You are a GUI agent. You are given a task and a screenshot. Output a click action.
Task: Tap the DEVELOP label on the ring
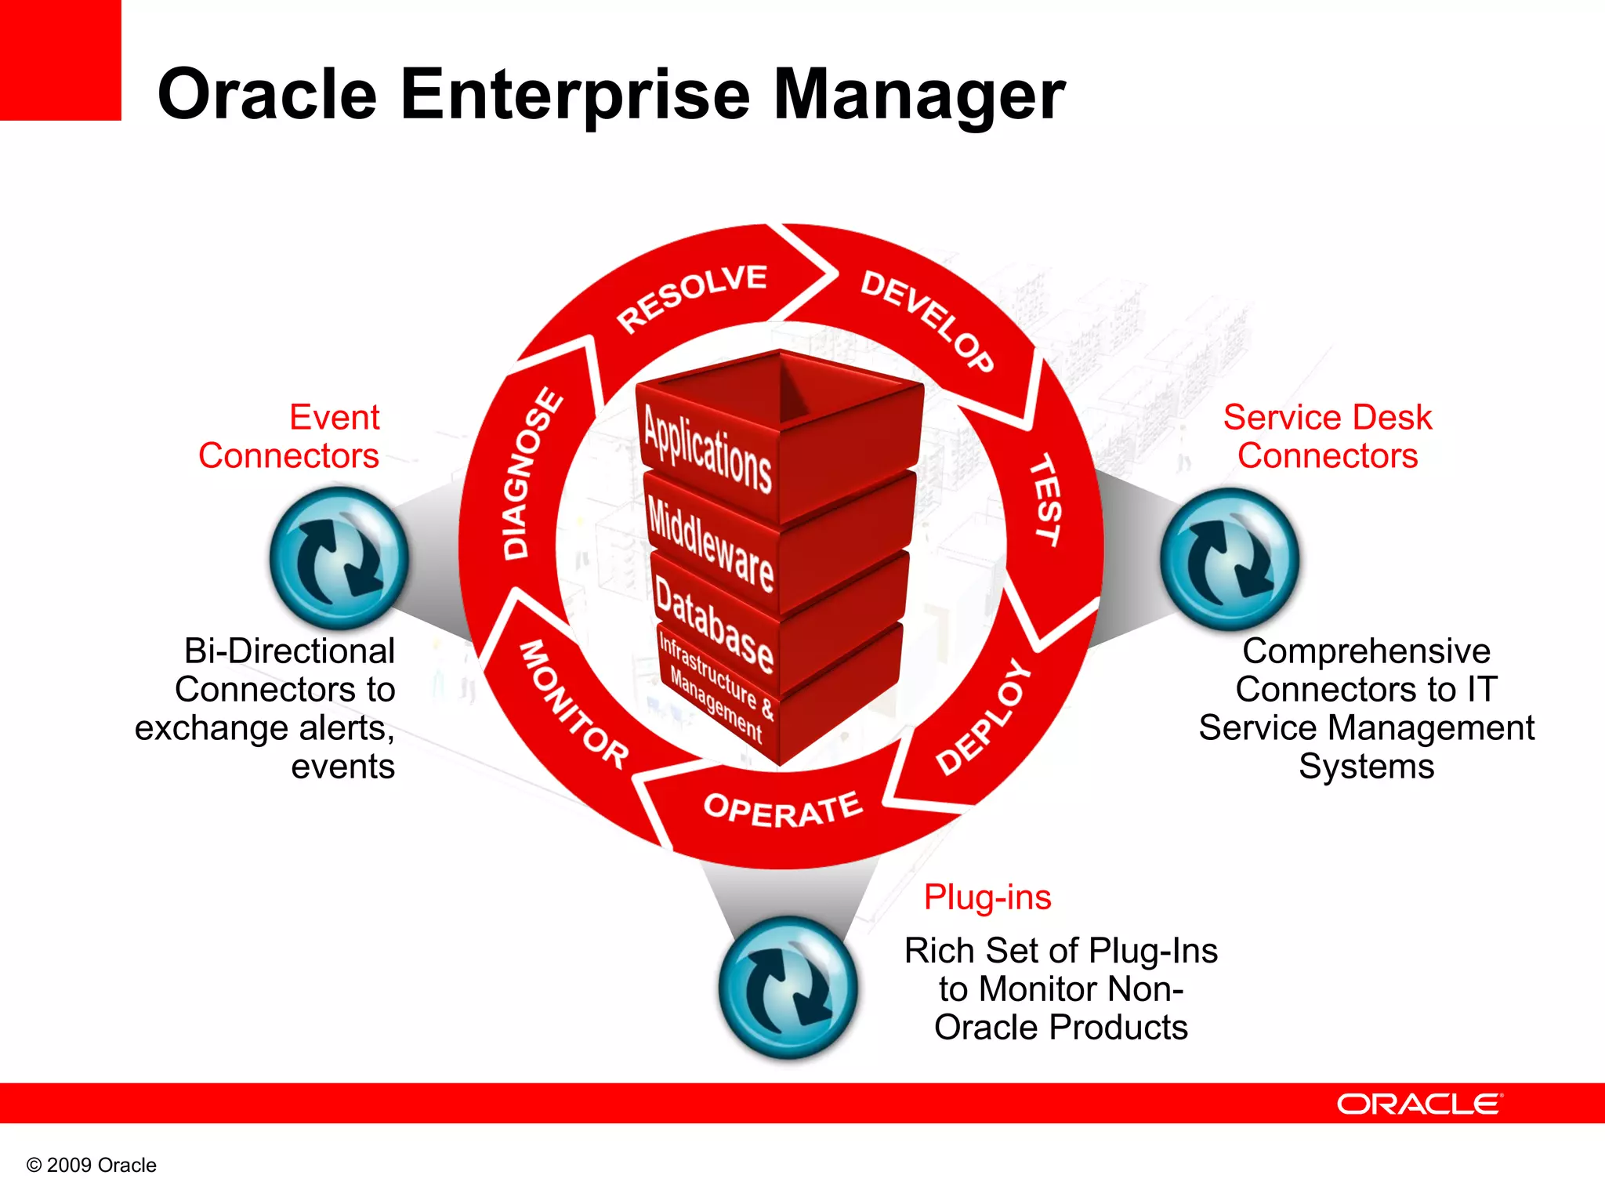(927, 320)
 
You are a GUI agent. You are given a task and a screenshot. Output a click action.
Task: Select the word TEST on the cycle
(1046, 499)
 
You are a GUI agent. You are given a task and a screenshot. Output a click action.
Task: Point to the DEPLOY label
(984, 717)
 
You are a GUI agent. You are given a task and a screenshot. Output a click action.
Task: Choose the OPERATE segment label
(783, 809)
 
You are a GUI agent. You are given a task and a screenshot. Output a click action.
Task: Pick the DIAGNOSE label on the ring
(532, 473)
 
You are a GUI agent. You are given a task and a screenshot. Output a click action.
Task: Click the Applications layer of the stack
(707, 449)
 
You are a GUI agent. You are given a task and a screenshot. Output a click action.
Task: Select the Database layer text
(713, 624)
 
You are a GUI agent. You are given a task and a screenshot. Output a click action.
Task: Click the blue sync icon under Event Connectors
(339, 558)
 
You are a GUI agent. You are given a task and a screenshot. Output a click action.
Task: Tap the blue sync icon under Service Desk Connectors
(1230, 559)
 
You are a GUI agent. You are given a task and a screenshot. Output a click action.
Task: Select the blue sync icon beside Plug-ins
(788, 988)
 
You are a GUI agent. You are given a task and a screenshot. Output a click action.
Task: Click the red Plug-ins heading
(987, 897)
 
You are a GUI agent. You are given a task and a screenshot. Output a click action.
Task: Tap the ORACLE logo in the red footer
(1418, 1104)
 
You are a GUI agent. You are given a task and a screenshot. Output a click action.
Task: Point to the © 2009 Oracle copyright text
(92, 1165)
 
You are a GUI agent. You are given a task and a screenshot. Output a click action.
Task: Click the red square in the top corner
(60, 60)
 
